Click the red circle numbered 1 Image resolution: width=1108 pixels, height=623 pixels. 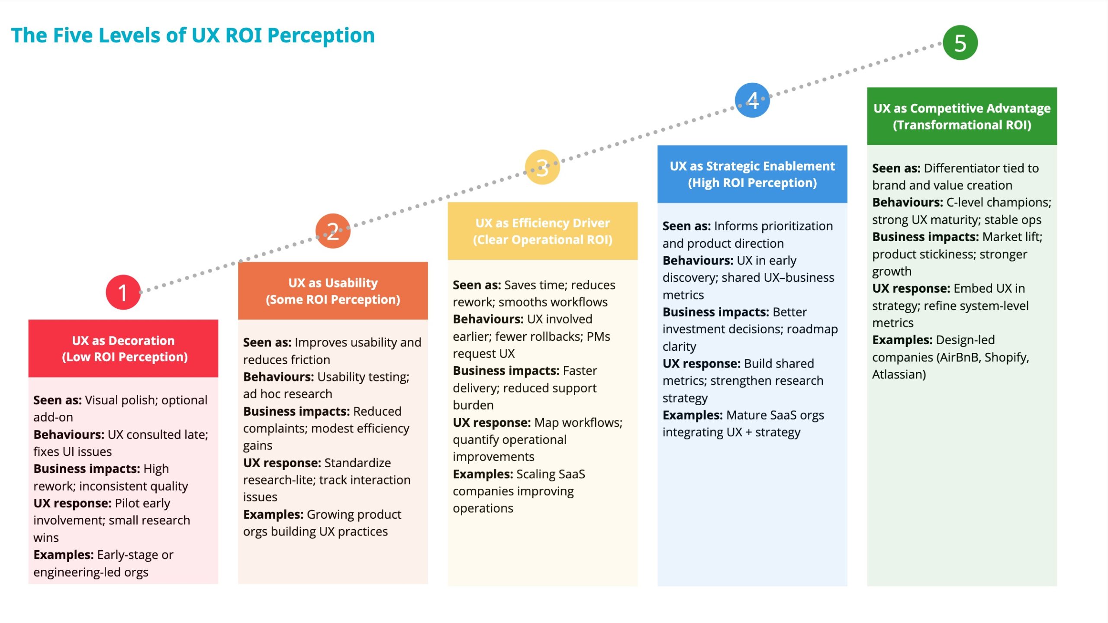(x=123, y=292)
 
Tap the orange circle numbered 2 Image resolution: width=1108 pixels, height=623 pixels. (x=332, y=231)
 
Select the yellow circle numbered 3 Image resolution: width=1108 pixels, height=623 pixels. (x=542, y=167)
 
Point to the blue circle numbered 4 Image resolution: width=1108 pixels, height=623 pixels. (x=752, y=100)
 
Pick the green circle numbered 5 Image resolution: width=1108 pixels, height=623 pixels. (x=960, y=43)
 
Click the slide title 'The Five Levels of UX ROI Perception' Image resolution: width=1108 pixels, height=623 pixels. (x=193, y=36)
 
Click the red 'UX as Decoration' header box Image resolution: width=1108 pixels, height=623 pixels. (x=123, y=349)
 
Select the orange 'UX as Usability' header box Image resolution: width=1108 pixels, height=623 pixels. (x=333, y=291)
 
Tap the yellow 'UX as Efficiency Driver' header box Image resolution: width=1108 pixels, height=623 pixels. (x=542, y=231)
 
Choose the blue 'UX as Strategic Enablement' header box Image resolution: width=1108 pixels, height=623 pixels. (x=752, y=174)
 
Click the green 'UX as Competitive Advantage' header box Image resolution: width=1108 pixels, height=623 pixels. (x=962, y=116)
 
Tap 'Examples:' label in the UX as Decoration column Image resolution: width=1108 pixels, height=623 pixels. (x=63, y=555)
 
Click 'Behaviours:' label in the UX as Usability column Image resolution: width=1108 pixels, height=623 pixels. (x=278, y=377)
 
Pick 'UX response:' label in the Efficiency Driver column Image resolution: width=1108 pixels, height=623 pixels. (x=492, y=423)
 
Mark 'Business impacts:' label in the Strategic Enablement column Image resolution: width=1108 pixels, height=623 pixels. (x=715, y=312)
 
